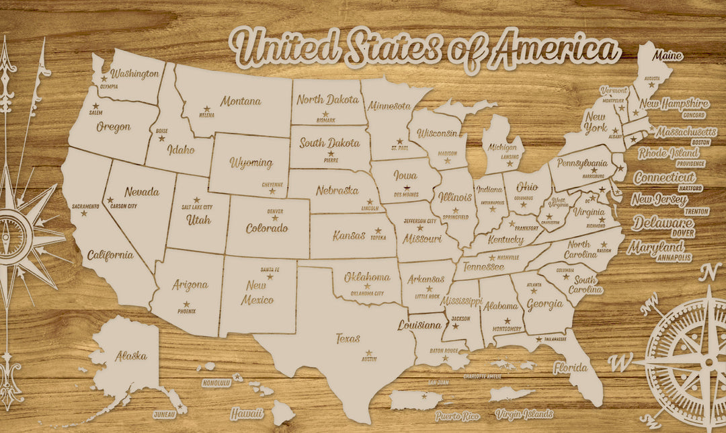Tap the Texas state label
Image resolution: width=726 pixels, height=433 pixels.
tap(348, 339)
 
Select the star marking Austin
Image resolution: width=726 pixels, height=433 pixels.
tap(368, 353)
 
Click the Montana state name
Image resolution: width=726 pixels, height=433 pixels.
tap(241, 102)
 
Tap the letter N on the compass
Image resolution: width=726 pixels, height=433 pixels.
tap(709, 272)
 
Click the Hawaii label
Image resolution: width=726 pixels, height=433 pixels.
tap(247, 414)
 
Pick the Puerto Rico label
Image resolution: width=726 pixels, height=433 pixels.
tap(456, 417)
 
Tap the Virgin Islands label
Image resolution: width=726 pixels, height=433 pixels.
tap(524, 414)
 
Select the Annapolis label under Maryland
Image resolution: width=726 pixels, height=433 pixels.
tap(674, 258)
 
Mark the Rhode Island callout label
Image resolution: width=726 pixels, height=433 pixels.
tap(668, 153)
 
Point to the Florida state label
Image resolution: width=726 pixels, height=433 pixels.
tap(570, 368)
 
